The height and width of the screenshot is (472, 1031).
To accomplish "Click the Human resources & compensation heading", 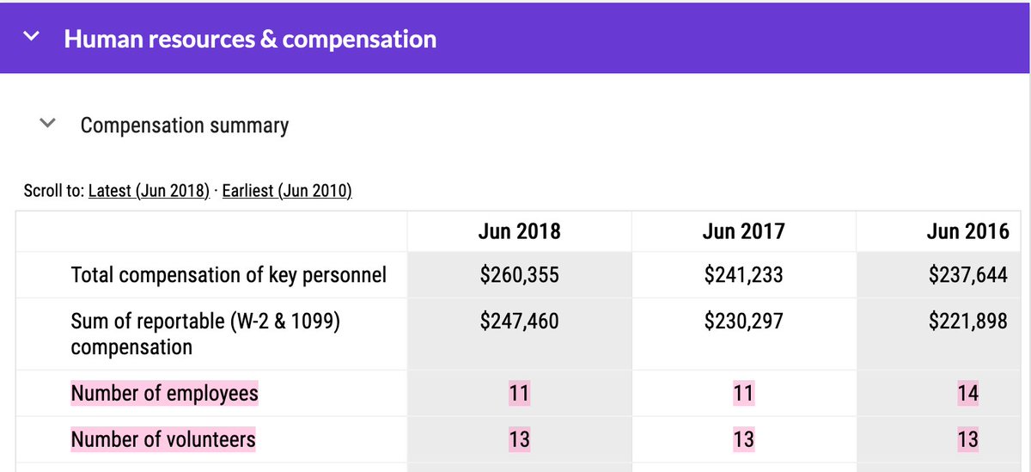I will (x=250, y=39).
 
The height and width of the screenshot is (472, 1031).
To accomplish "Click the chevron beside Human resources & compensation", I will (x=32, y=37).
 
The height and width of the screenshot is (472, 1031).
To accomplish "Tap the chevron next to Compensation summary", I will (x=48, y=124).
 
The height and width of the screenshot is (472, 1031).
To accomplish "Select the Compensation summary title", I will (x=185, y=126).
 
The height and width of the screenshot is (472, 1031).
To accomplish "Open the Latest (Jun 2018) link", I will (x=149, y=191).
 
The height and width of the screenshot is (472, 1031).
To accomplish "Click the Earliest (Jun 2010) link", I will (x=287, y=191).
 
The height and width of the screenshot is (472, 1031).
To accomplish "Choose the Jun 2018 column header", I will (x=519, y=230).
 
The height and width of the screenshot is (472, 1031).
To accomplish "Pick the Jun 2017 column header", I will (x=743, y=230).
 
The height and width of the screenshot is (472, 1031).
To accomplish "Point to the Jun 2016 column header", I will (x=967, y=230).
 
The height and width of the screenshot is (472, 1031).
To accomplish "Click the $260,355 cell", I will (x=519, y=275).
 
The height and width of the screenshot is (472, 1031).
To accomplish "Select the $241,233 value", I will (x=743, y=275).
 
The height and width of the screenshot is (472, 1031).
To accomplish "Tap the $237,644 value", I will (x=967, y=275).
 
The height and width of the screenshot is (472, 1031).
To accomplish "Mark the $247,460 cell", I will (x=519, y=322).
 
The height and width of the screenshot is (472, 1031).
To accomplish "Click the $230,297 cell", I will (x=743, y=322).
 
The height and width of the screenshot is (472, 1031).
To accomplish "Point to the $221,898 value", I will (x=967, y=322).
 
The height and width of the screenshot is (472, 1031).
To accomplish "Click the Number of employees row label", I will (x=164, y=394).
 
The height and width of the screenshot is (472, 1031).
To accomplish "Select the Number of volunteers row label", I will (x=163, y=440).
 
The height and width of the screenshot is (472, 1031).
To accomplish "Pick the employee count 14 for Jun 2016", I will (x=967, y=394).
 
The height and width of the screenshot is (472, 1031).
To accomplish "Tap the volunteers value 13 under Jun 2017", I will (x=743, y=440).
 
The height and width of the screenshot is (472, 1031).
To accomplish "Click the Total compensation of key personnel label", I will (x=229, y=275).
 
